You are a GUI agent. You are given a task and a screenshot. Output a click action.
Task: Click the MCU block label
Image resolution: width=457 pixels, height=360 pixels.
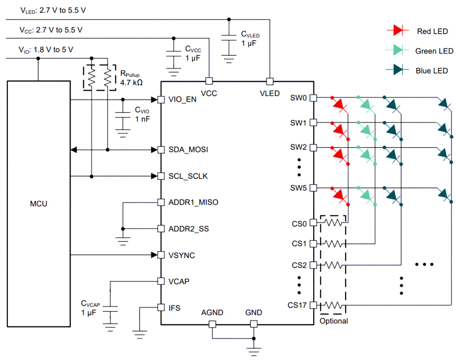coord(39,204)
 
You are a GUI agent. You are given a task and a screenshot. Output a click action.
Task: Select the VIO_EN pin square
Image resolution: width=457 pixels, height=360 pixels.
coord(161,100)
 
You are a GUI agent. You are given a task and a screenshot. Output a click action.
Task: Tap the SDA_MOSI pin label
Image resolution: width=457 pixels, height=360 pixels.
coord(188,150)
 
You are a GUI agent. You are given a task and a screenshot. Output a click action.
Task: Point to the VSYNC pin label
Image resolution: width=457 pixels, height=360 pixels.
coord(182,255)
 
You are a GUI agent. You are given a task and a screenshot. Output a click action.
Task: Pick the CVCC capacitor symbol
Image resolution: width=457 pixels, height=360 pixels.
coord(174,54)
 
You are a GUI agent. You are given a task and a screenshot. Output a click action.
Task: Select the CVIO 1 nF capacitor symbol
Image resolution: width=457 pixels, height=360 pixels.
coord(123,115)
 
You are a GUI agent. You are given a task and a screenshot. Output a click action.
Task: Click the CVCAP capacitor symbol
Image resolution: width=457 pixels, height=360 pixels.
coord(110,309)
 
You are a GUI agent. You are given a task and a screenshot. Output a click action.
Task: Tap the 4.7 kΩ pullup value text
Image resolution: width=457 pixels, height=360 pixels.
coord(131,83)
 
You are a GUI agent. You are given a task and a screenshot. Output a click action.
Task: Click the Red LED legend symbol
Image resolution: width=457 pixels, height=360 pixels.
coord(398,30)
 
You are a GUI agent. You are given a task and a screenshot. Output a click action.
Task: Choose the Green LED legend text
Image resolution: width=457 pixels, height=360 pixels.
coord(434,51)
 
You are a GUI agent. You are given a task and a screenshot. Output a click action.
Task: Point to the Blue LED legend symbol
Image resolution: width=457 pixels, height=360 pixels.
coord(397,70)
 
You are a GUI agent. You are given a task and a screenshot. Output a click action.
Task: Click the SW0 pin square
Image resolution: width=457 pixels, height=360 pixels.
coord(313,98)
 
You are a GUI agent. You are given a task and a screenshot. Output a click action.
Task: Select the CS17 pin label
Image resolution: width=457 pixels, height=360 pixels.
coord(297,305)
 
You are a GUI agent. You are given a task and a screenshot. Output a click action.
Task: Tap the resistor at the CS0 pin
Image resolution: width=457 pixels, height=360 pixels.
coord(333,222)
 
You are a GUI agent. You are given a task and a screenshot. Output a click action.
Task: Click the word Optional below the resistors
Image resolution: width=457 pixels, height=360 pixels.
coord(334,321)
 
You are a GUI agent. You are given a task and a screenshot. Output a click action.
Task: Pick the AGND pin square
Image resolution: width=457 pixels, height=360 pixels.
coord(212,324)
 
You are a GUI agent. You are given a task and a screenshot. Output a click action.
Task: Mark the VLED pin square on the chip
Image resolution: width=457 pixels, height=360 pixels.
coord(270,81)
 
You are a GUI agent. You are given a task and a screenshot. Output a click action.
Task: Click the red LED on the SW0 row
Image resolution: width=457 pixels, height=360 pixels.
coord(339,105)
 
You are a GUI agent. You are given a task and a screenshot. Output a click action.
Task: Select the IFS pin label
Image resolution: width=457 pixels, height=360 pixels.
coord(174,308)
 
